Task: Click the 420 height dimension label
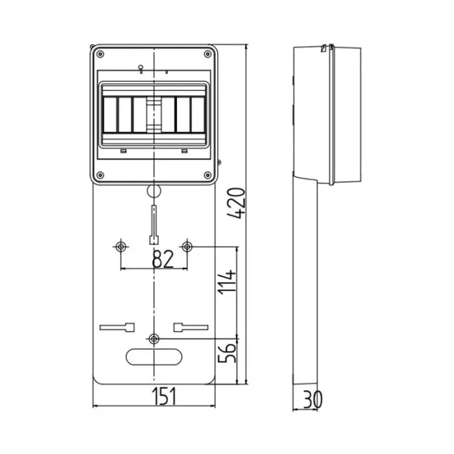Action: (x=236, y=202)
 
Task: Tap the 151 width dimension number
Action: (x=164, y=396)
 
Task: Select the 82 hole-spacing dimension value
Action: (x=163, y=259)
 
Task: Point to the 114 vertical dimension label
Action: (x=227, y=282)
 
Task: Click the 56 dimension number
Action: (x=227, y=353)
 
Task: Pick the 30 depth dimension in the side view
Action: (x=312, y=400)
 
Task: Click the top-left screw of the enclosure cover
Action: (x=100, y=54)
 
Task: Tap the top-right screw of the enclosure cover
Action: (x=208, y=54)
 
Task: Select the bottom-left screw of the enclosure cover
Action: (x=100, y=175)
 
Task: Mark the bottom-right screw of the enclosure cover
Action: (x=208, y=175)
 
